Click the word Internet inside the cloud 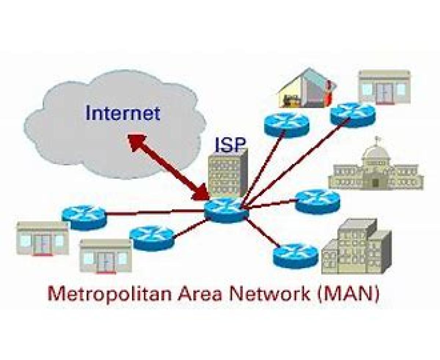123,113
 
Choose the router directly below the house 286,123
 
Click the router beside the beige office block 295,255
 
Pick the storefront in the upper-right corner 384,87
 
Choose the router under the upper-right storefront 353,114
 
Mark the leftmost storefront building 42,238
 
